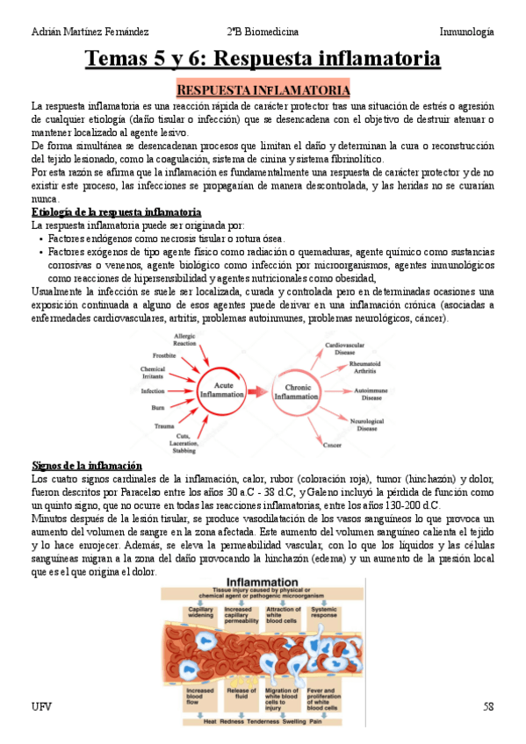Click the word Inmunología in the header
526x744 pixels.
pos(466,32)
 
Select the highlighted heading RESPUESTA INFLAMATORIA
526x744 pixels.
pos(263,90)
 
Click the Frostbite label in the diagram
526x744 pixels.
pos(164,355)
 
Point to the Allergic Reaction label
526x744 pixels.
pos(185,339)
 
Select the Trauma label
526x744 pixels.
pos(163,426)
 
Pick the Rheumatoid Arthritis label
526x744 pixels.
pos(364,367)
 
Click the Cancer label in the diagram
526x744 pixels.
pos(332,446)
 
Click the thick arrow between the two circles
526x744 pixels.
pos(256,391)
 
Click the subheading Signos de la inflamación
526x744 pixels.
pos(86,465)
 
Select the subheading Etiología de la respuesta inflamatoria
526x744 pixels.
pos(116,213)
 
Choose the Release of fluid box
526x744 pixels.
pos(241,695)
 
